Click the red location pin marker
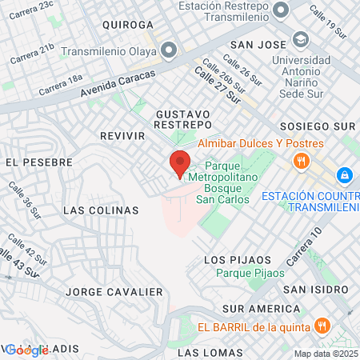179,163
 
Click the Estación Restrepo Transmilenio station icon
281,10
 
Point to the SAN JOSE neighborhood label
258,44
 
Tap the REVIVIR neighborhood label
122,136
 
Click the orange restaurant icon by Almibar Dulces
301,161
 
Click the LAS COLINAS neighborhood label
101,210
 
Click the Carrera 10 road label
303,248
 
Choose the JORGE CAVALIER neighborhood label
109,291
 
